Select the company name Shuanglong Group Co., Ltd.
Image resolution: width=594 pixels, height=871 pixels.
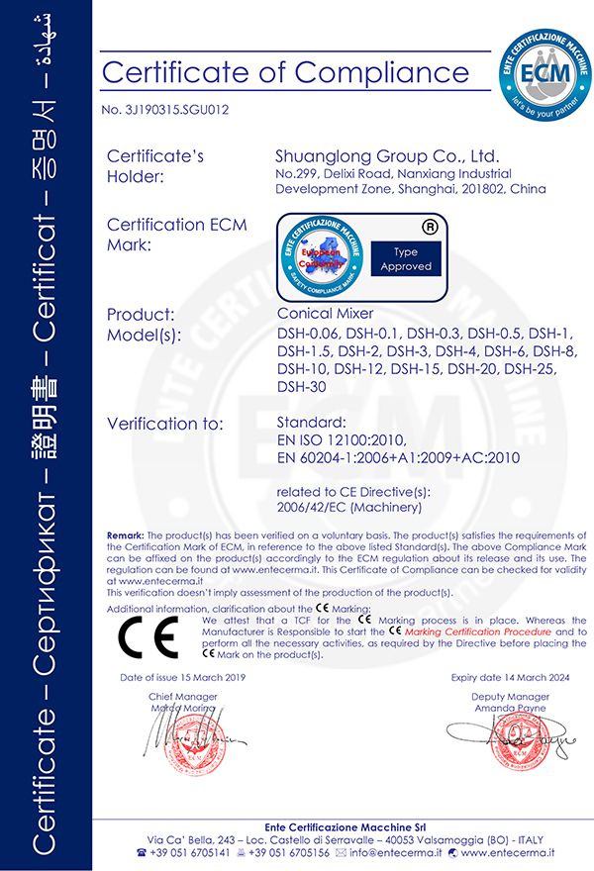click(387, 156)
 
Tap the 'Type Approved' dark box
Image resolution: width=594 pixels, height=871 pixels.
click(406, 259)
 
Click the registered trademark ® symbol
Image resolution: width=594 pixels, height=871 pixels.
click(431, 226)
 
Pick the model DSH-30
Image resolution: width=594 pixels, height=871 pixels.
click(299, 386)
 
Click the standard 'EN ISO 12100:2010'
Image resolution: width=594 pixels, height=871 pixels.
click(340, 440)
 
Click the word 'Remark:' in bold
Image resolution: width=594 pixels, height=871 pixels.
click(126, 534)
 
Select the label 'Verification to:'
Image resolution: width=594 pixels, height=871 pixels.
click(164, 424)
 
